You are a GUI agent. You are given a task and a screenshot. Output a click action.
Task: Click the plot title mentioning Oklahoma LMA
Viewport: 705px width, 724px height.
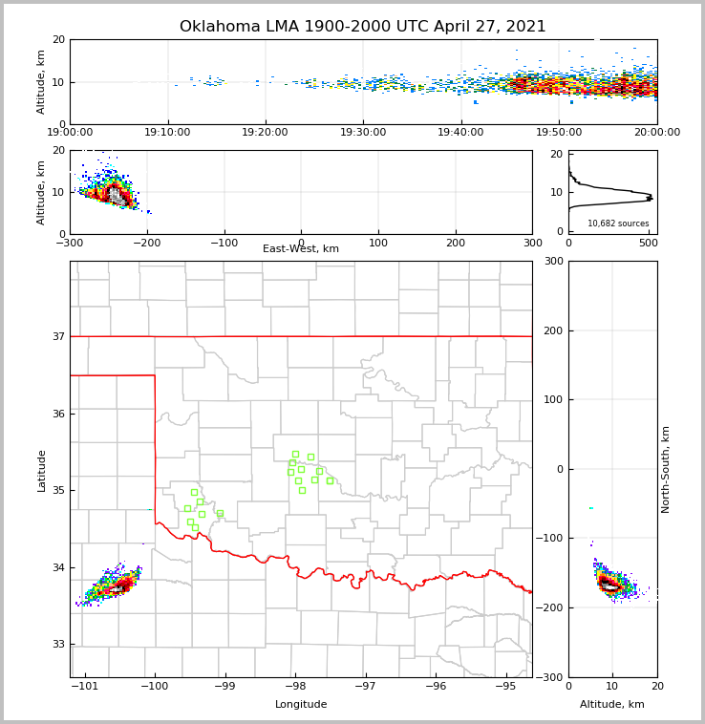[363, 27]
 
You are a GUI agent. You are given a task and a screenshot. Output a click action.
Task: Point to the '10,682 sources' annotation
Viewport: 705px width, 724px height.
[618, 224]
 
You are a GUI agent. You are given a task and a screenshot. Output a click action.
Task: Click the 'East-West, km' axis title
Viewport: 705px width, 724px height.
[301, 249]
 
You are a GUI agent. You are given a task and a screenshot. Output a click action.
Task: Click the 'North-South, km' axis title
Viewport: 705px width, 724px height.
[666, 469]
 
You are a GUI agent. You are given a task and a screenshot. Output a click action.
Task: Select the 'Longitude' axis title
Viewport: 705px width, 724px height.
[301, 705]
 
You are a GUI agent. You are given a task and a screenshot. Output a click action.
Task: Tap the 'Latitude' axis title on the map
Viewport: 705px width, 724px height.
[41, 470]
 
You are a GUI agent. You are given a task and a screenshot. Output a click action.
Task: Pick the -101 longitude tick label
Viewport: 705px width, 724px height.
[85, 687]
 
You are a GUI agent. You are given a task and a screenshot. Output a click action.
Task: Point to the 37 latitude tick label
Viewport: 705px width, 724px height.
[57, 336]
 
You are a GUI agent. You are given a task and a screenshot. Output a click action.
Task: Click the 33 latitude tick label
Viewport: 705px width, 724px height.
[57, 644]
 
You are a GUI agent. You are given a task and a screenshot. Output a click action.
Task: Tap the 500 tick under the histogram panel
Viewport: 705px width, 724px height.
[648, 243]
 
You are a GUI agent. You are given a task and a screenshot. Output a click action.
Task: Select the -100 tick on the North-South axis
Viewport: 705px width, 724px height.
[551, 539]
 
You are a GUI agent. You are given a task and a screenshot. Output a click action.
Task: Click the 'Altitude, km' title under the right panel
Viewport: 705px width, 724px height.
[612, 705]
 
